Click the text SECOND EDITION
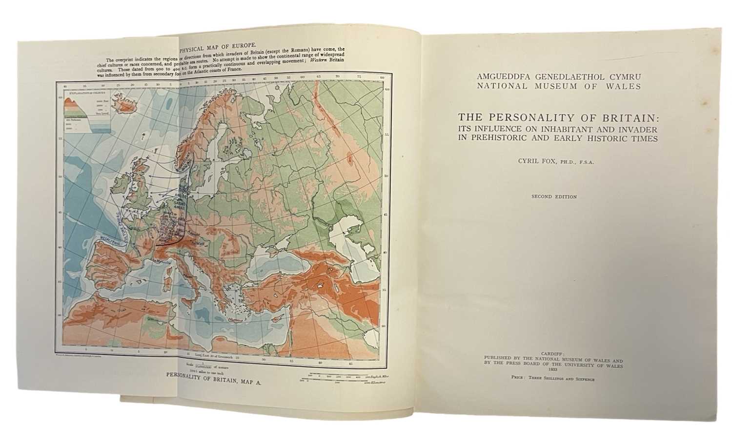click(x=554, y=197)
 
